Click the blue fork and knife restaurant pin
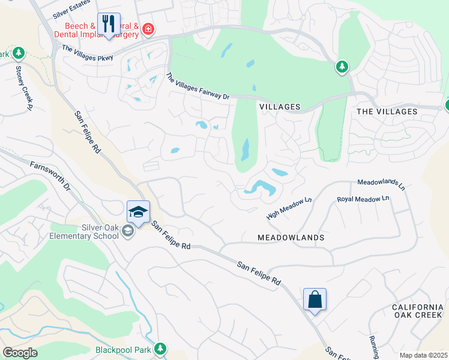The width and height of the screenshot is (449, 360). (x=109, y=25)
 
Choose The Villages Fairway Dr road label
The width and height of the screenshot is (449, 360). (x=197, y=87)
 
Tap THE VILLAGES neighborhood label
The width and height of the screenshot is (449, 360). (x=387, y=112)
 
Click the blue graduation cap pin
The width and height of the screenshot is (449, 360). (x=138, y=212)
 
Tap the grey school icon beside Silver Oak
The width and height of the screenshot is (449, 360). (x=127, y=231)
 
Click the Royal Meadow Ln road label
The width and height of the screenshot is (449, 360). (x=363, y=199)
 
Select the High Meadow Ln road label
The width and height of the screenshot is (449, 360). (x=290, y=208)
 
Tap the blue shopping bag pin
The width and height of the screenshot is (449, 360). (x=315, y=299)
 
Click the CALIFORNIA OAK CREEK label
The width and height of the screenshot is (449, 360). (x=418, y=311)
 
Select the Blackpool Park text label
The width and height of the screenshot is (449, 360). (x=122, y=349)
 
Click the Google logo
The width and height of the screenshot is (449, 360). (x=20, y=353)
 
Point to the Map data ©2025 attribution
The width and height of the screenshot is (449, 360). (x=423, y=355)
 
